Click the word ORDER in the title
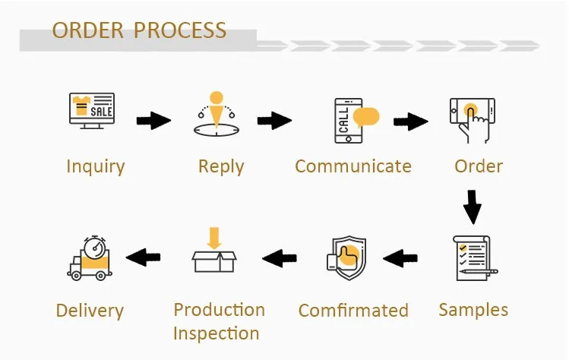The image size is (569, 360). coord(88,30)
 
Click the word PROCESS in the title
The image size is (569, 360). coord(180,30)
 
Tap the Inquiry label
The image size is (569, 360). coord(96,167)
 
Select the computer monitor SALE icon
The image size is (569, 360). coord(92,111)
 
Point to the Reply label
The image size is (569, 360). coord(221,167)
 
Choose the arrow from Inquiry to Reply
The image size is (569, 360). coord(153,121)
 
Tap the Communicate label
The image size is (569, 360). coord(353,166)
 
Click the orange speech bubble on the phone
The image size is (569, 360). coord(366,117)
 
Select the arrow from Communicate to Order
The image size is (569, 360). coord(411,122)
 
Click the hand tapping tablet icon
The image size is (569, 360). coord(473,120)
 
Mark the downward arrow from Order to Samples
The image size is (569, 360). coord(472,207)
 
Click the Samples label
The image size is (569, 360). coord(473,311)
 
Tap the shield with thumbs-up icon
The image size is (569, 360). coord(346,257)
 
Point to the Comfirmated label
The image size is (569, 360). coord(353,311)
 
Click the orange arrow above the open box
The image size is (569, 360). coord(214,238)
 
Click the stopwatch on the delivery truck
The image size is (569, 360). coord(95,247)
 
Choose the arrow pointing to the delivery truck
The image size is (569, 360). coord(143,257)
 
